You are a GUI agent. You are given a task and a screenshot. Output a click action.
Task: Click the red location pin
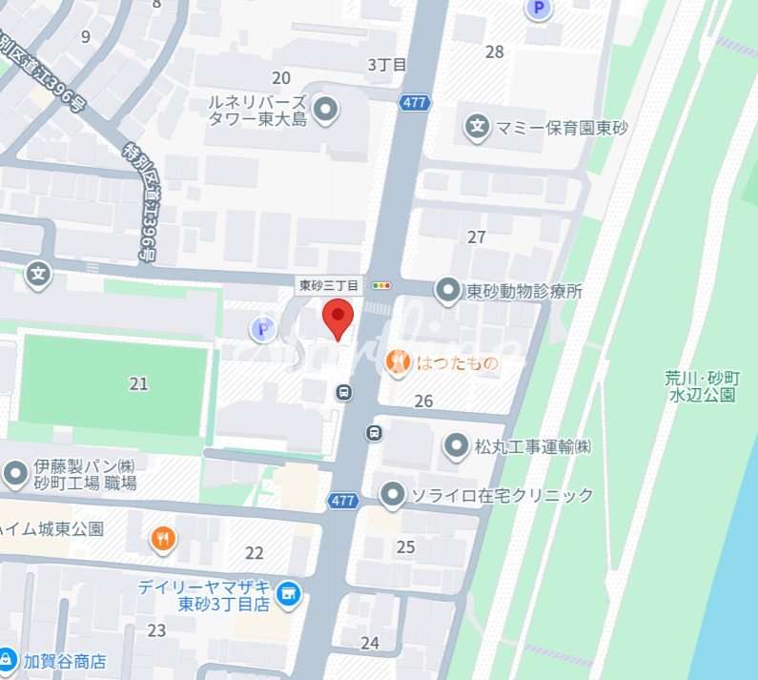(338, 317)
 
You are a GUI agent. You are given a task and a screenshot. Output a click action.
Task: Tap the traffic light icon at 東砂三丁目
(382, 285)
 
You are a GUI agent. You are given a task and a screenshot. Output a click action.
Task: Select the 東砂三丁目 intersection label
(329, 285)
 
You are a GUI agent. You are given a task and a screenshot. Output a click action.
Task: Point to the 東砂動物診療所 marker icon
(447, 291)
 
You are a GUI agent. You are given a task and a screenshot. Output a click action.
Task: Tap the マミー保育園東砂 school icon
(477, 125)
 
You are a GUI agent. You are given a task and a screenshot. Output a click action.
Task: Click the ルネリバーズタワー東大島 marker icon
(326, 111)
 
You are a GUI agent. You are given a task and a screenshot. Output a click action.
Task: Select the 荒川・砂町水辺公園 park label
(701, 385)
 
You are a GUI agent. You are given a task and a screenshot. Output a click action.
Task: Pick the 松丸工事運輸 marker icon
(458, 445)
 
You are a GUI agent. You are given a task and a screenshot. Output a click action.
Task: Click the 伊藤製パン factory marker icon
(15, 472)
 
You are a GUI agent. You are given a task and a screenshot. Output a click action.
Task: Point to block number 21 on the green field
(139, 383)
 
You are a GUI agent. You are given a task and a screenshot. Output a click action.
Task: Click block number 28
(494, 52)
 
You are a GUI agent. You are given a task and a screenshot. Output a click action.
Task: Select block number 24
(370, 643)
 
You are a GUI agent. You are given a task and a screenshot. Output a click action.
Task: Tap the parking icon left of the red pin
(262, 330)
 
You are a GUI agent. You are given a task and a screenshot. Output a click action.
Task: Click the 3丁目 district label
(387, 65)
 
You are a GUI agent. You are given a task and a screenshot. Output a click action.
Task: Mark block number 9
(86, 36)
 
